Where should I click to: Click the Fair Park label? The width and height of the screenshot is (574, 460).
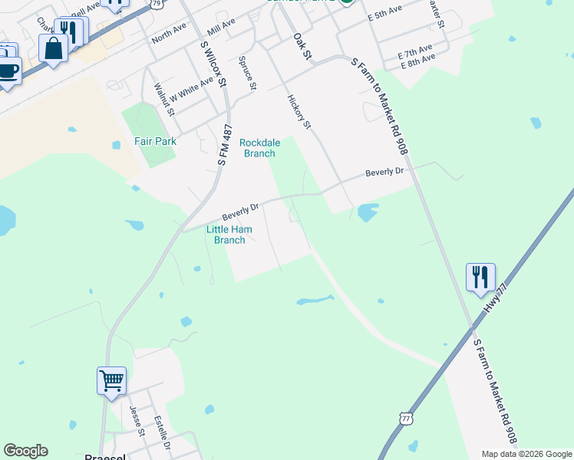click(x=155, y=141)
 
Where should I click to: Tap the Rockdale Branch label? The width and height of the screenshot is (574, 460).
click(x=259, y=148)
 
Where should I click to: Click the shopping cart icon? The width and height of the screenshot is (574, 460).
click(x=111, y=379)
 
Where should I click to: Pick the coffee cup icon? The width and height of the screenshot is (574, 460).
click(x=8, y=71)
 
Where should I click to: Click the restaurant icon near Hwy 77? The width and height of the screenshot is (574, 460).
click(x=480, y=277)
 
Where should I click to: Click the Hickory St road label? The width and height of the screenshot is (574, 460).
click(x=300, y=112)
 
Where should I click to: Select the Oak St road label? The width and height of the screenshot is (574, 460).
click(x=302, y=46)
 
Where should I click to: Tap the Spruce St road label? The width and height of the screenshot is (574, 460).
click(x=246, y=73)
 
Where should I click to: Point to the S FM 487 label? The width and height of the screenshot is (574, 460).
click(x=224, y=146)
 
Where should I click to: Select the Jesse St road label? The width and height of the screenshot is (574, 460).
click(x=137, y=420)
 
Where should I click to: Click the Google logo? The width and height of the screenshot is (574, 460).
click(x=25, y=451)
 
